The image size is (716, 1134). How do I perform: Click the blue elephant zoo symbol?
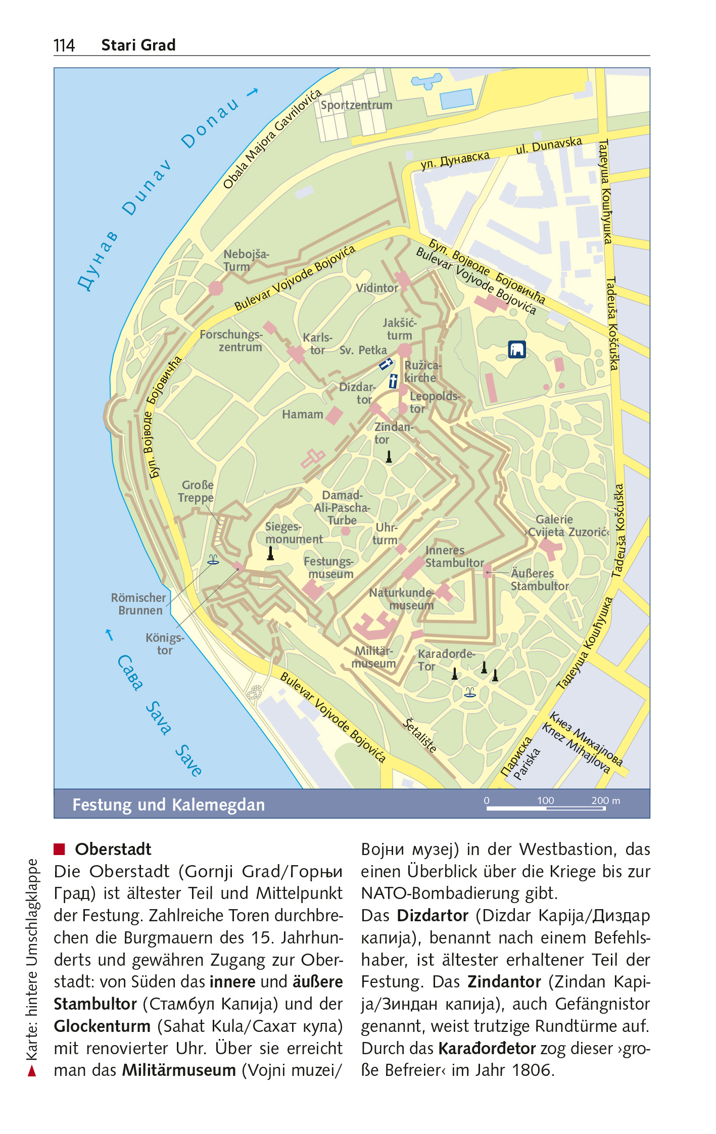[x=516, y=349]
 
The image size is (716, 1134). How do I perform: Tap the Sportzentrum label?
[x=356, y=105]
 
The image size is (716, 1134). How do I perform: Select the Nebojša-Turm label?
[x=246, y=260]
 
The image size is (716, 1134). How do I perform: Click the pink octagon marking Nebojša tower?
[x=216, y=288]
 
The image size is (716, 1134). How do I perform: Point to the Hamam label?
[x=302, y=414]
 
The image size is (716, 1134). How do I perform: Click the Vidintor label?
[x=377, y=288]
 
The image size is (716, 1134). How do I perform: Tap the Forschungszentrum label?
[x=231, y=341]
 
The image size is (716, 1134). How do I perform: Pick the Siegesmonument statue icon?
[x=270, y=553]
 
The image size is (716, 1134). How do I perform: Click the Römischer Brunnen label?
[x=138, y=604]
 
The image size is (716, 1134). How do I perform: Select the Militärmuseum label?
[x=374, y=657]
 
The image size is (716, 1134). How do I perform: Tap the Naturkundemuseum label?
[x=402, y=599]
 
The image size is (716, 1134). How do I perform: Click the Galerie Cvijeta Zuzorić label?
[x=561, y=526]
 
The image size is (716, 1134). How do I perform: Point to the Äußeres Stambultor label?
[x=539, y=580]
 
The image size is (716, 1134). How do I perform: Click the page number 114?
[x=64, y=45]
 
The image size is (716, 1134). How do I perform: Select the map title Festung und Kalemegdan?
[x=168, y=805]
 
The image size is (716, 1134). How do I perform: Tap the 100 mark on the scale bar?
[x=545, y=800]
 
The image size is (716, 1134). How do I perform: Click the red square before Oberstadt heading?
[x=60, y=848]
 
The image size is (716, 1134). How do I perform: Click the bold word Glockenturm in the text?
[x=102, y=1026]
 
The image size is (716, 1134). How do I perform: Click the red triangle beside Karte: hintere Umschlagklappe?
[x=32, y=1070]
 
